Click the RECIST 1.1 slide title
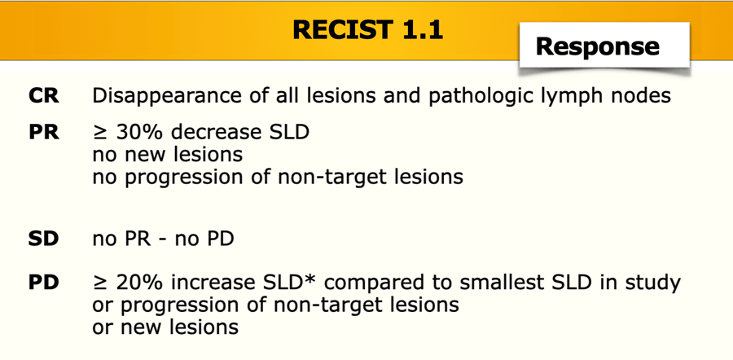click(367, 30)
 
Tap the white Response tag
click(604, 46)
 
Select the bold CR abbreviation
click(43, 96)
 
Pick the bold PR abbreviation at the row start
click(43, 132)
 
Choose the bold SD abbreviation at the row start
click(43, 239)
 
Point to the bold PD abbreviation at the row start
click(43, 283)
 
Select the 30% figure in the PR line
click(139, 132)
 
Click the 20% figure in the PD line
click(139, 283)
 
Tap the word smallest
click(494, 283)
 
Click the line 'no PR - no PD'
click(163, 239)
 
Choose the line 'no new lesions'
click(168, 154)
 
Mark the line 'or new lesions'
click(166, 327)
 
